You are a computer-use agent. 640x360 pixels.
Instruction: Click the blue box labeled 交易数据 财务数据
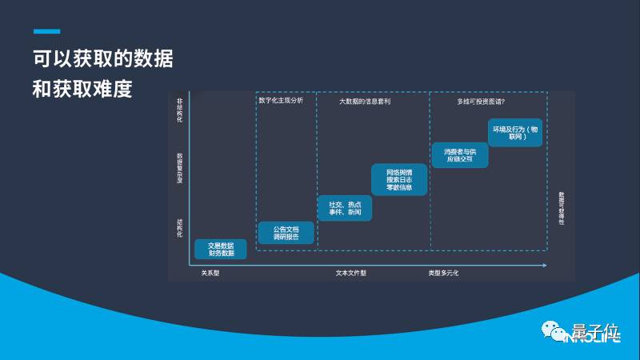221,249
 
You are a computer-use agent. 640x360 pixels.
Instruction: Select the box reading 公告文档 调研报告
286,233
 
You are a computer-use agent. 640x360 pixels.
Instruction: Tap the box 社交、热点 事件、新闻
345,208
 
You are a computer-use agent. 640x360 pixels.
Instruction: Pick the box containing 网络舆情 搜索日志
399,180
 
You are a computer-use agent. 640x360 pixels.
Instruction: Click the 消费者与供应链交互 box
460,155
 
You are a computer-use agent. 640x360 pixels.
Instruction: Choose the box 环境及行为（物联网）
515,133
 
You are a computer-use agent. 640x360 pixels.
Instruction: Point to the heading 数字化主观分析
281,102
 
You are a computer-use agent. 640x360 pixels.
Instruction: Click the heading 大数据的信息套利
365,102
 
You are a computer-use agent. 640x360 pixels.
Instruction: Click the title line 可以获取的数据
103,58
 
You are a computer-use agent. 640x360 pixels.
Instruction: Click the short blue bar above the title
46,31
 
